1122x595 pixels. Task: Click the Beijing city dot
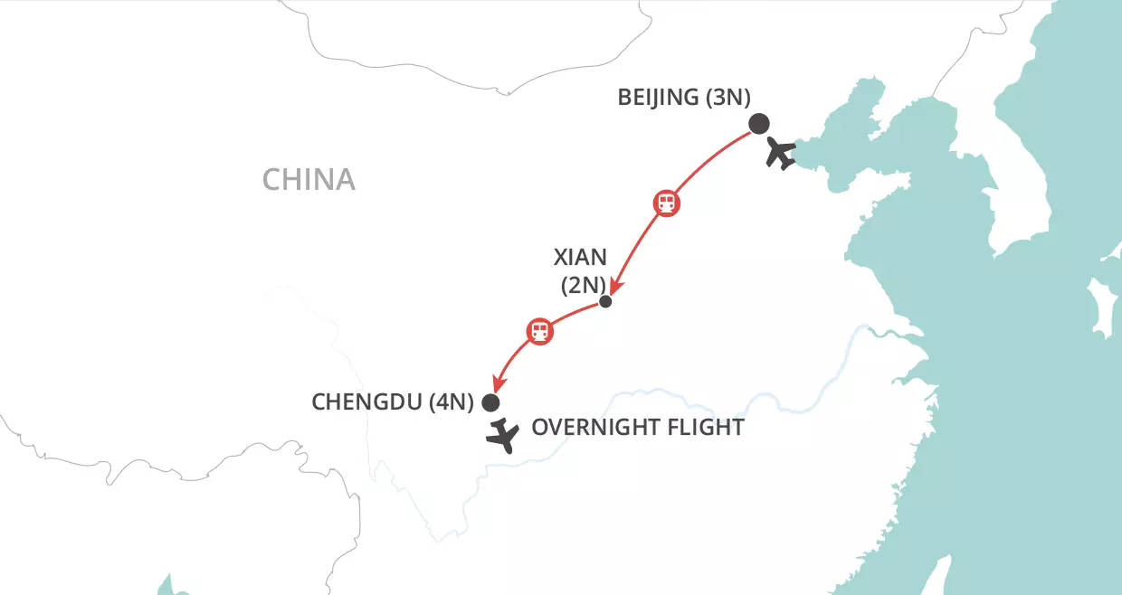(x=758, y=124)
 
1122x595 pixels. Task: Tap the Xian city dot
(x=606, y=302)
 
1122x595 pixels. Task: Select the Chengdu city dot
(x=491, y=402)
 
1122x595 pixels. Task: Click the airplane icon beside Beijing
(x=780, y=153)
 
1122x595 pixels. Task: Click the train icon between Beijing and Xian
(x=666, y=203)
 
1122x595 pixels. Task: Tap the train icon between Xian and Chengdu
(x=539, y=330)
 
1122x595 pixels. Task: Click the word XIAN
(x=580, y=258)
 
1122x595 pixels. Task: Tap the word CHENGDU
(x=366, y=402)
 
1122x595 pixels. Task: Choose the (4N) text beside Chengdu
(x=452, y=402)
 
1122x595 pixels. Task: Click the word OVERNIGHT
(x=594, y=427)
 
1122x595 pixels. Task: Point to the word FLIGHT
(x=705, y=427)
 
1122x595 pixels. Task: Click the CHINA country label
(x=309, y=179)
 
